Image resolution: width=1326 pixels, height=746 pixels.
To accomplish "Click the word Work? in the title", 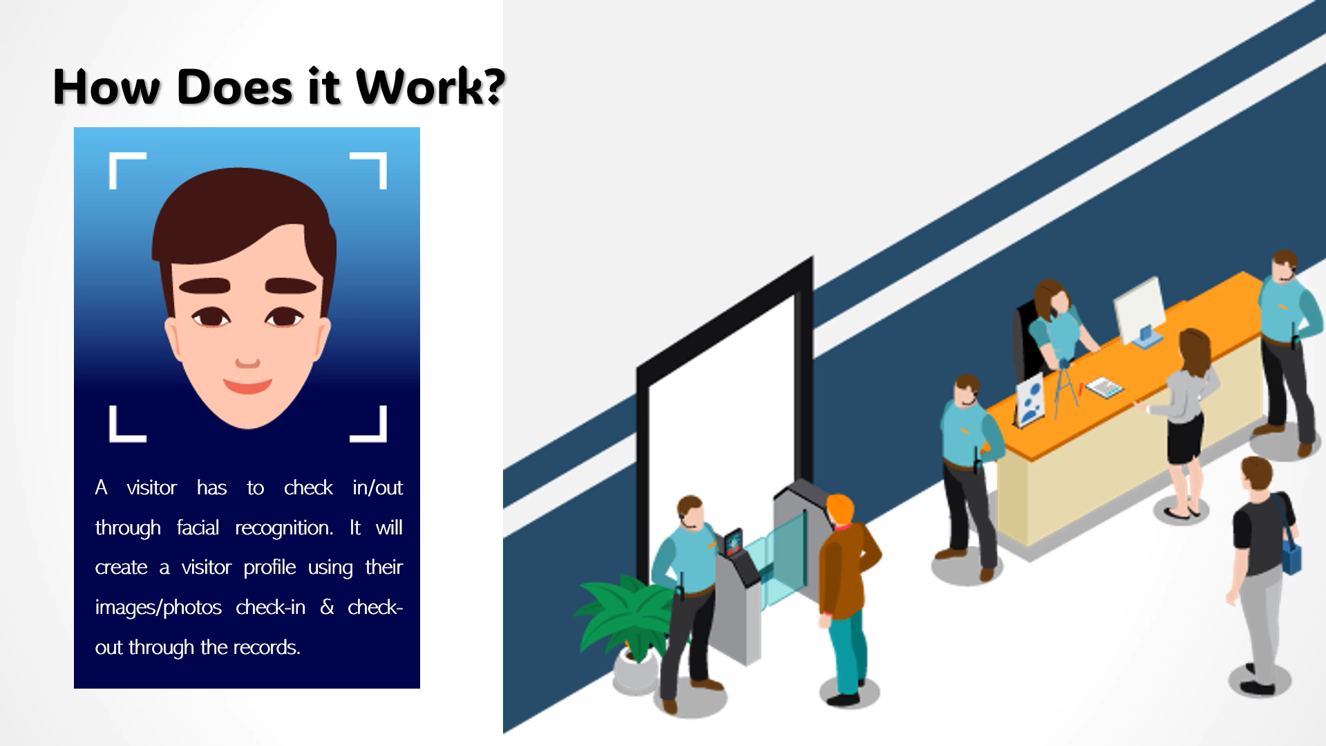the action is tap(430, 87).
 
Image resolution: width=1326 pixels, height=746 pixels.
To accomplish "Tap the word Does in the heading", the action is tap(235, 88).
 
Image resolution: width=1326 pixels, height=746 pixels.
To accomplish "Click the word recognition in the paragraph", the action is tap(284, 528).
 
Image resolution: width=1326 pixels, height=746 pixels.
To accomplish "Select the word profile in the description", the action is tap(269, 568).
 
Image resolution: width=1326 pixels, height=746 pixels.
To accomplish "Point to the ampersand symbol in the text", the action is tap(327, 607).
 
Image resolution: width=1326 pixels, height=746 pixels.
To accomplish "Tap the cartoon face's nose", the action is tap(247, 362).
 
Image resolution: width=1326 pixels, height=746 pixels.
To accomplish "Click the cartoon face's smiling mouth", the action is tap(247, 386).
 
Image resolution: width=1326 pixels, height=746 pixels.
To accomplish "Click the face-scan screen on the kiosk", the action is tap(732, 542).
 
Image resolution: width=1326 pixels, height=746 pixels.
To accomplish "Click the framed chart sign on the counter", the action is tap(1030, 400).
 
